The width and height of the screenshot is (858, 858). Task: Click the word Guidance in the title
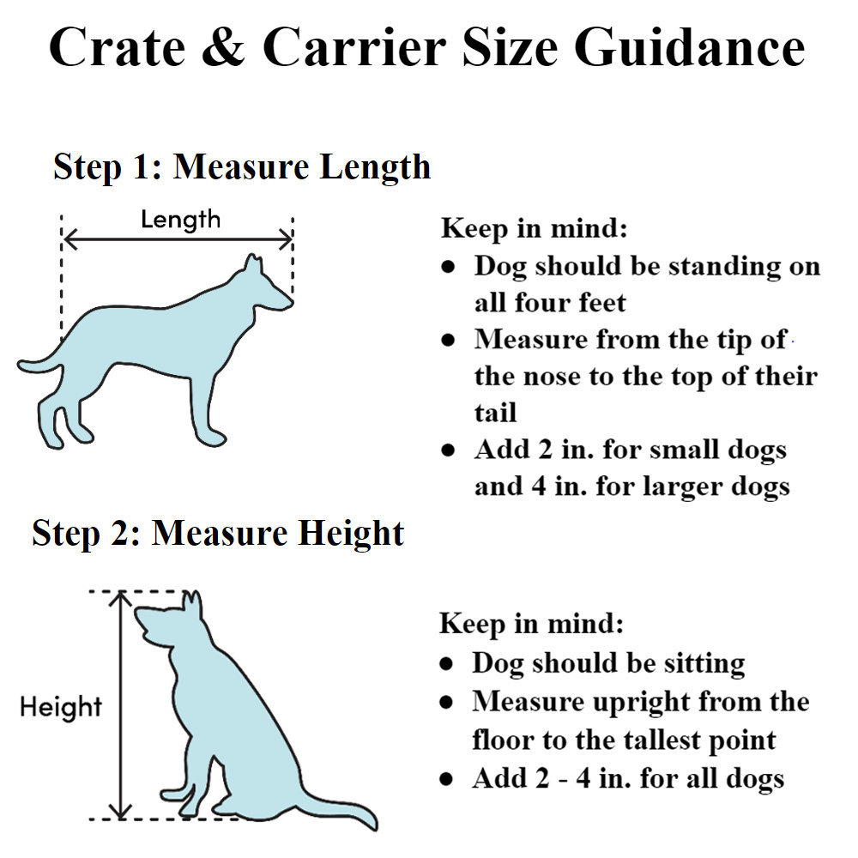click(x=690, y=47)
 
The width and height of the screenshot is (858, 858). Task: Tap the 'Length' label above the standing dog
click(x=180, y=220)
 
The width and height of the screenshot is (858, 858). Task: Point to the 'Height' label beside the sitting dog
click(x=61, y=706)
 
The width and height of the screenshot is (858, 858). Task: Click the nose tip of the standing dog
click(x=291, y=302)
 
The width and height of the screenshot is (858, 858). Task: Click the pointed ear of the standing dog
click(x=253, y=263)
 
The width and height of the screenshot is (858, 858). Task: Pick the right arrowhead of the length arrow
click(x=287, y=239)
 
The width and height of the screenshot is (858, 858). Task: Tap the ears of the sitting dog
click(x=192, y=603)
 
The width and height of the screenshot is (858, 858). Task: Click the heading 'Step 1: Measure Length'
click(x=242, y=166)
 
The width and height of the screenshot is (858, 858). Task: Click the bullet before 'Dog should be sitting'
click(x=446, y=664)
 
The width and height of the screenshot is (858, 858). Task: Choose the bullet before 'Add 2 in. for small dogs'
click(x=448, y=450)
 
